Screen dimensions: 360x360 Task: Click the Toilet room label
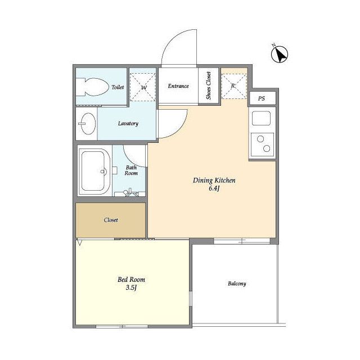[x=118, y=87]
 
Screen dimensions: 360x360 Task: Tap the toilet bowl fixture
[x=92, y=87]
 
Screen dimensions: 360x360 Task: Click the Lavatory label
[x=128, y=124]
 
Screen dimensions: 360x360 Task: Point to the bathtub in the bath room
[x=94, y=170]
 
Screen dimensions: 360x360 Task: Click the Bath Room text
[x=131, y=170]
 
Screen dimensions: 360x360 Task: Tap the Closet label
[x=111, y=220]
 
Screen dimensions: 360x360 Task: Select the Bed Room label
[x=131, y=280]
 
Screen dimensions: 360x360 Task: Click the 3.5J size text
[x=131, y=287]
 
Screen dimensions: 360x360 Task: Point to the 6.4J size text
[x=214, y=188]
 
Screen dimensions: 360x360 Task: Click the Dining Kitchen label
[x=214, y=181]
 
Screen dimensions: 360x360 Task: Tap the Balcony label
[x=237, y=283]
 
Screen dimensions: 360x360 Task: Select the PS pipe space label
[x=262, y=98]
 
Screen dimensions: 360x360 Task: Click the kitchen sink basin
[x=261, y=118]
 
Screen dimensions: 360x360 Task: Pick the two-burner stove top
[x=262, y=145]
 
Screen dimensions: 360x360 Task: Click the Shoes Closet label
[x=209, y=85]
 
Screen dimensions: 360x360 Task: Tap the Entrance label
[x=178, y=86]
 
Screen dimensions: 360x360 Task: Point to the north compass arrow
[x=280, y=55]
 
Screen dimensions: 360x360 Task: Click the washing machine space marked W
[x=143, y=87]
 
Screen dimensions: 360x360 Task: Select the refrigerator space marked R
[x=234, y=86]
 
